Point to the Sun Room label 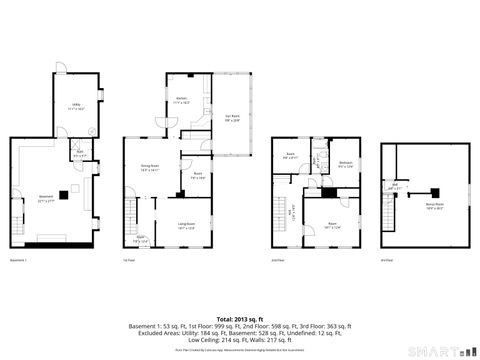[x=232, y=119]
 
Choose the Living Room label [x=186, y=225]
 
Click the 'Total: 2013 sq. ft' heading [x=239, y=290]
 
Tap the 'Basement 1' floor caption [x=18, y=261]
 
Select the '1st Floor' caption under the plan [x=128, y=261]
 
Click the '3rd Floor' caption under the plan [x=387, y=261]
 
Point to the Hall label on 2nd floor [x=292, y=211]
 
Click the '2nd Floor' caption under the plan [x=276, y=261]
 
